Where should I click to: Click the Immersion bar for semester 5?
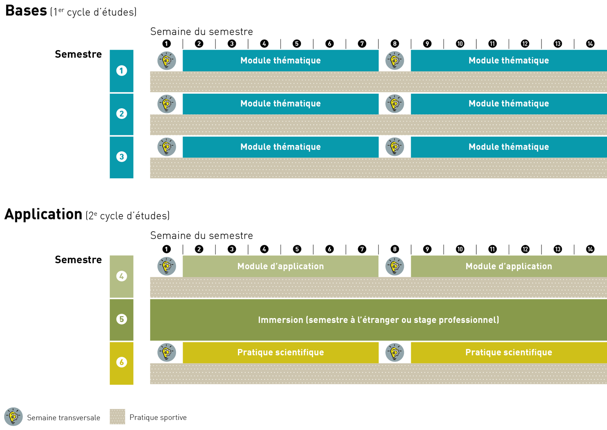coord(378,320)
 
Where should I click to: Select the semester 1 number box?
coord(121,71)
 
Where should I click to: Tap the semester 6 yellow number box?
coord(121,363)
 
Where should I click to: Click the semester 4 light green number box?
coord(121,276)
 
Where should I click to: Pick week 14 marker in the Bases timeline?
coord(590,44)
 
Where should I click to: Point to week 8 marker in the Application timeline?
coord(395,249)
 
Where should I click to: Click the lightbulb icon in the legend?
coord(13,417)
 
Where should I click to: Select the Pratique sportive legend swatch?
coord(117,417)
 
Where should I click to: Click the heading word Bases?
coord(26,11)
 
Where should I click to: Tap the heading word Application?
coord(43,214)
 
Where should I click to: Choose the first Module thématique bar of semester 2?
coord(280,104)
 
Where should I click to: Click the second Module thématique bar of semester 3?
coord(509,147)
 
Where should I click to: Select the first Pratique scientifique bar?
coord(280,352)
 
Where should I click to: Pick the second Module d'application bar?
coord(509,266)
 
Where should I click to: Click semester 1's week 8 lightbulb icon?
coord(395,61)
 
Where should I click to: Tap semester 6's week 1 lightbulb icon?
coord(167,352)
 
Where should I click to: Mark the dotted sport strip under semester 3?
coord(378,168)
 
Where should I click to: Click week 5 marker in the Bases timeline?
coord(297,44)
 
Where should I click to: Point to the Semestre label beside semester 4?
coord(78,260)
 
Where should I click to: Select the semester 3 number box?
coord(121,157)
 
